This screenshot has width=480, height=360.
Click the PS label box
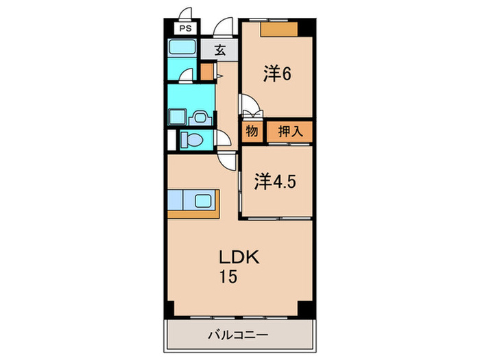[x=185, y=29]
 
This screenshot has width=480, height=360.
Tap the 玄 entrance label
[x=219, y=50]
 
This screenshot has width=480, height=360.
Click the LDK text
[x=239, y=258]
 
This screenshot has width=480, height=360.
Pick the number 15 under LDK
[x=228, y=278]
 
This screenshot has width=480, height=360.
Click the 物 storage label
[x=252, y=131]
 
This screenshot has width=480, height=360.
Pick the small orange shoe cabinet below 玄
[x=206, y=71]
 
